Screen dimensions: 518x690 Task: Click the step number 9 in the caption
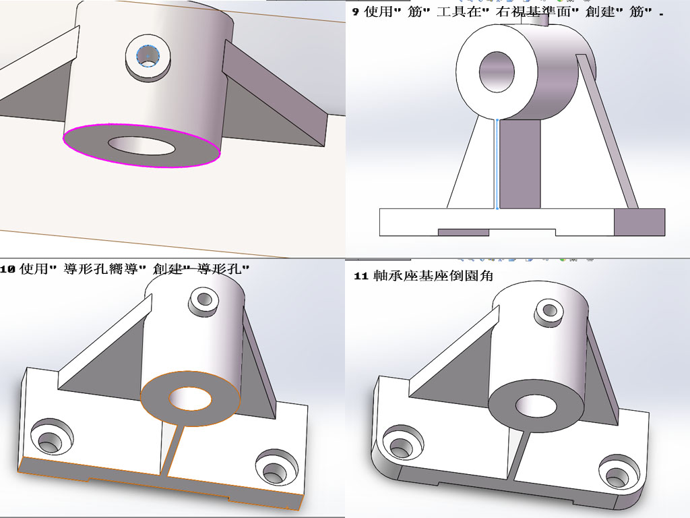(x=355, y=12)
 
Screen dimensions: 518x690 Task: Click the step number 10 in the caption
(x=7, y=269)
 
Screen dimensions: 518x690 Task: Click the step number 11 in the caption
(x=360, y=276)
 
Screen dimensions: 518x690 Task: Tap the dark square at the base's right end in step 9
(x=639, y=222)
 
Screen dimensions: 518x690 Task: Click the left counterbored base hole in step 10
(x=49, y=441)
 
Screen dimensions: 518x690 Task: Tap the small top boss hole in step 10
(x=201, y=298)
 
